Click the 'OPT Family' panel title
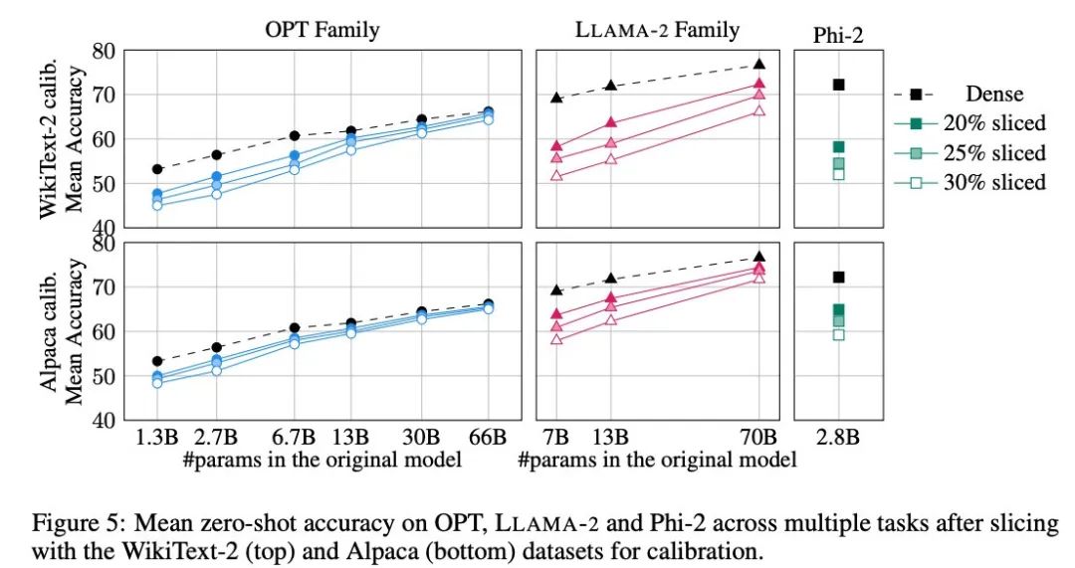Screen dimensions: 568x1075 322,30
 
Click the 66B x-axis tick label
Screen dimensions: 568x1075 488,437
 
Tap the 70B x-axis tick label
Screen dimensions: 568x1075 759,437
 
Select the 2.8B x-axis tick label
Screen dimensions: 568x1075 838,437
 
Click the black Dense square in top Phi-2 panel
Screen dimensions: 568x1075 838,85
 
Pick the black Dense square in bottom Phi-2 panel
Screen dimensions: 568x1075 838,277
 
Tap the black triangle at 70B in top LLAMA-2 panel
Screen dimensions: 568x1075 759,64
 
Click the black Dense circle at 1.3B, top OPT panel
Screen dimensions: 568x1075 157,169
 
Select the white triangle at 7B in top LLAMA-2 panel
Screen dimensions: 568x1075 557,175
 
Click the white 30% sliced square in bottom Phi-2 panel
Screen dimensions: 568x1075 838,334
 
